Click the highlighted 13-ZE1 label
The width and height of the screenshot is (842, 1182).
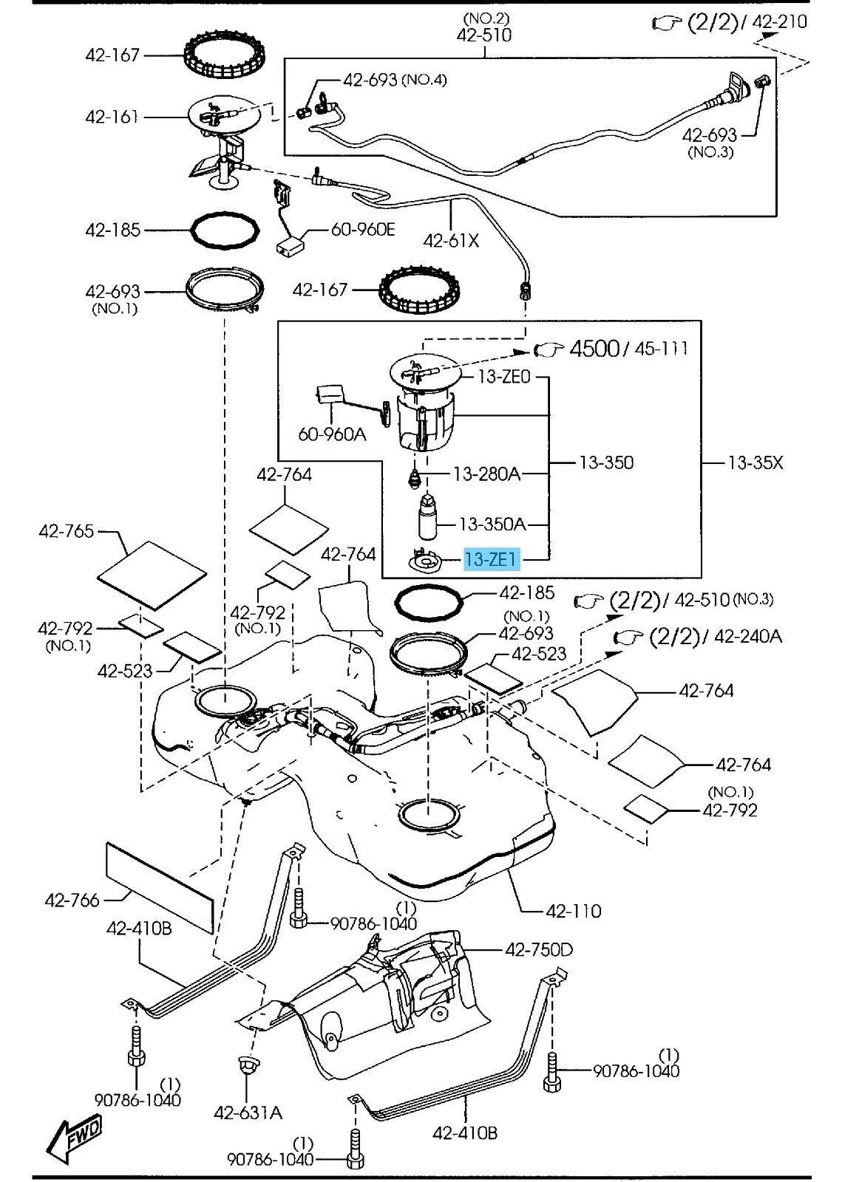pyautogui.click(x=492, y=561)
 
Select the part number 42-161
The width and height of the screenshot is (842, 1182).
pyautogui.click(x=112, y=117)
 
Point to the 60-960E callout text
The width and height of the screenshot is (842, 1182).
pyautogui.click(x=363, y=230)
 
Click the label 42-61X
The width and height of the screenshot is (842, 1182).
pyautogui.click(x=451, y=240)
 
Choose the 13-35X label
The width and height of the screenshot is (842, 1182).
pyautogui.click(x=756, y=463)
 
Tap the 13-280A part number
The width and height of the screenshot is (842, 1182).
pyautogui.click(x=486, y=474)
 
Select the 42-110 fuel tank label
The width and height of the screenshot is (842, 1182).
pyautogui.click(x=574, y=911)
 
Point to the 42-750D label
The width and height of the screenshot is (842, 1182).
pyautogui.click(x=539, y=949)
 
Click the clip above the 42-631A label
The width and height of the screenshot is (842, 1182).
pyautogui.click(x=246, y=1067)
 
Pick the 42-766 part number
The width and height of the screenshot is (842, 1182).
pyautogui.click(x=72, y=900)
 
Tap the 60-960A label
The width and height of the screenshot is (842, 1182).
pyautogui.click(x=332, y=435)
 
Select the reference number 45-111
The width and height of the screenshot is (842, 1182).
pyautogui.click(x=661, y=348)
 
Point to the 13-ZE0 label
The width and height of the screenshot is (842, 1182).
pyautogui.click(x=504, y=377)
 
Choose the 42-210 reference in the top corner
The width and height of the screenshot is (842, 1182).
pyautogui.click(x=780, y=21)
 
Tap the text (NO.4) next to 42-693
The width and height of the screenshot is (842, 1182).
pyautogui.click(x=424, y=79)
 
